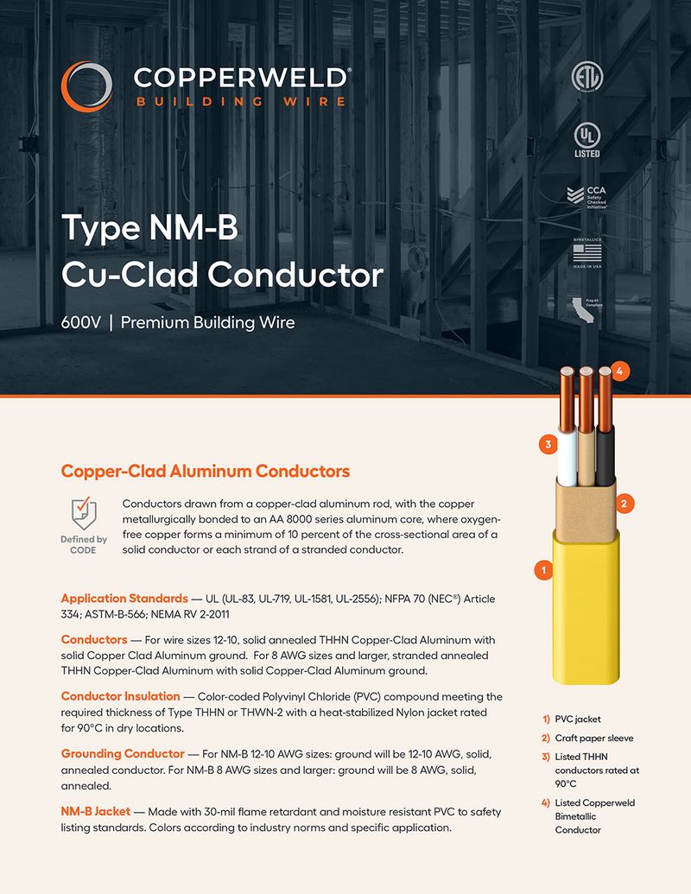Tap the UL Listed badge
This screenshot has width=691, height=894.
586,139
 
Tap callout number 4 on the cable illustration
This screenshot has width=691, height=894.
618,371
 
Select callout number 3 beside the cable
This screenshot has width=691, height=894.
547,445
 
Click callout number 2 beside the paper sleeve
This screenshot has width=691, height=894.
627,502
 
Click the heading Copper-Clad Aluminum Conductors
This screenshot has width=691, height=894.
205,471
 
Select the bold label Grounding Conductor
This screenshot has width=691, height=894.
123,753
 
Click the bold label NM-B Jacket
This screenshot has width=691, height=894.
95,812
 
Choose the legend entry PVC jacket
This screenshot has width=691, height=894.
577,719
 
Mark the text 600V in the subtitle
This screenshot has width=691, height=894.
80,323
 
